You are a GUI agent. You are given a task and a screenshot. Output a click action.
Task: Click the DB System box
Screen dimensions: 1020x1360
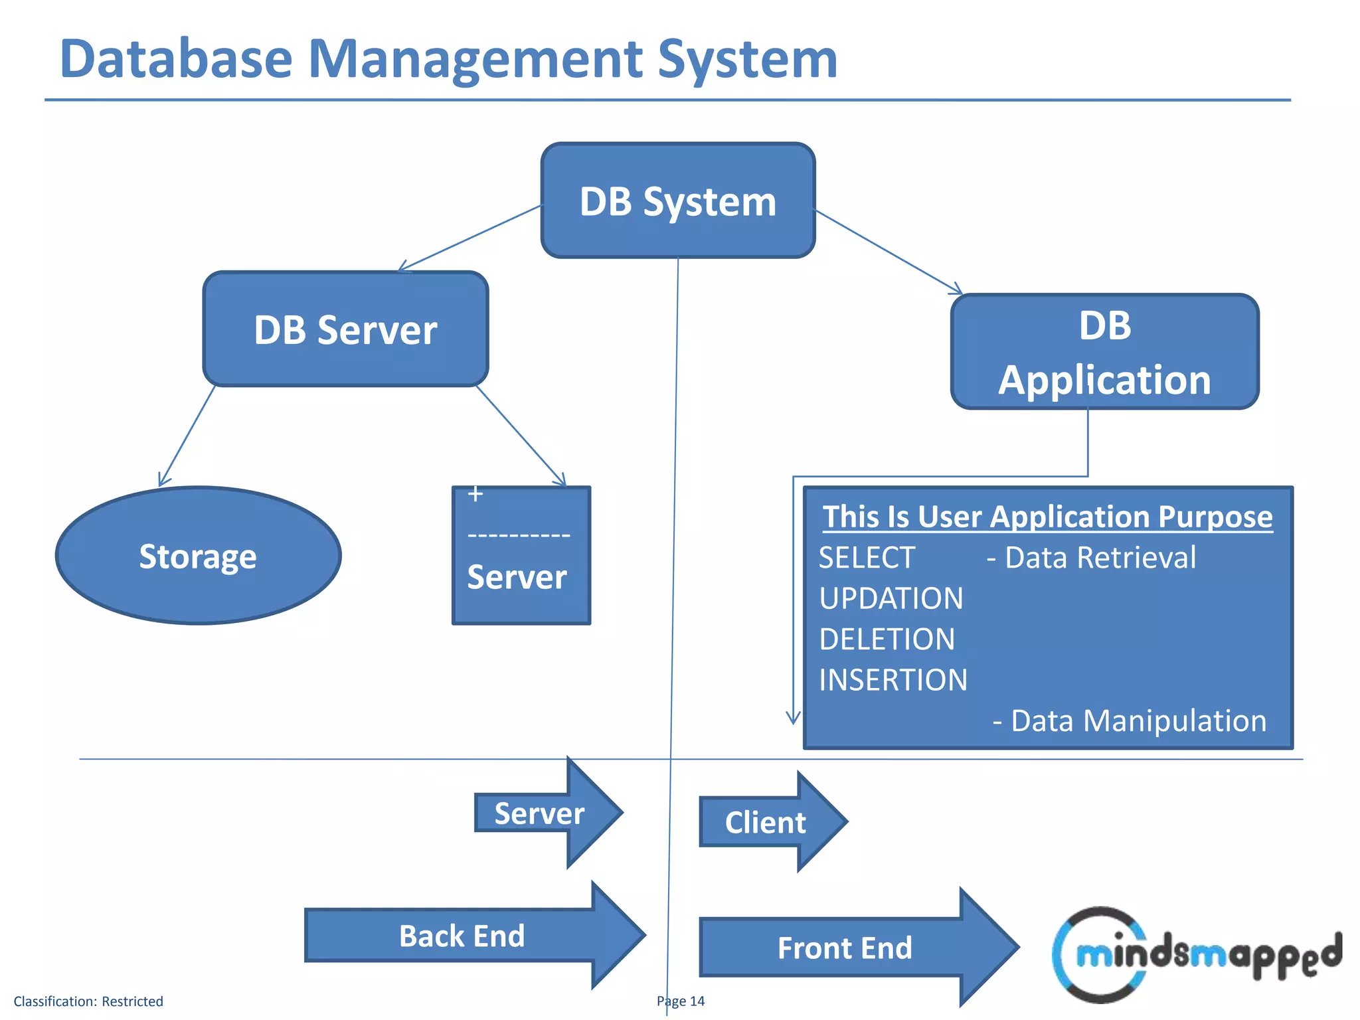(678, 201)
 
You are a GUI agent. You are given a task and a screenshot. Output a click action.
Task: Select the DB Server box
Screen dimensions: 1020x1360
(345, 329)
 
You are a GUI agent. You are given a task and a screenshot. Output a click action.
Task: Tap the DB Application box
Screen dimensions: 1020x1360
(1104, 352)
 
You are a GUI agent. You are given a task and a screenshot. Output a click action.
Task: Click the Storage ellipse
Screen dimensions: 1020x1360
(198, 556)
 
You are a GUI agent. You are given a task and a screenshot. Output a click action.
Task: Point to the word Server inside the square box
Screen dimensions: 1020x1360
(517, 577)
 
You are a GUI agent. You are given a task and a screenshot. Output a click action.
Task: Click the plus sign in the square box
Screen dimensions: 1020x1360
(475, 494)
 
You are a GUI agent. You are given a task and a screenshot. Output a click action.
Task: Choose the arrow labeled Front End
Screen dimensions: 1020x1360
(845, 948)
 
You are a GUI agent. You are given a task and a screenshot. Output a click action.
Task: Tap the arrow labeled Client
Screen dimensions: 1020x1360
(765, 823)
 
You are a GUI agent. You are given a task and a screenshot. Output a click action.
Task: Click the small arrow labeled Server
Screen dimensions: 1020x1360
(539, 813)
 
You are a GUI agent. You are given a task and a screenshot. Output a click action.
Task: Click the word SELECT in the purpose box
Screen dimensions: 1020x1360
(867, 558)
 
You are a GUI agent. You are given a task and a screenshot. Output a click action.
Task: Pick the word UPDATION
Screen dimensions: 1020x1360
(891, 598)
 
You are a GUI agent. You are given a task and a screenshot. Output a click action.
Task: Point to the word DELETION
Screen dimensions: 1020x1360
(887, 639)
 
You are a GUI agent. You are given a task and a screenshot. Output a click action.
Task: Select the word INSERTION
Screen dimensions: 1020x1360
(893, 680)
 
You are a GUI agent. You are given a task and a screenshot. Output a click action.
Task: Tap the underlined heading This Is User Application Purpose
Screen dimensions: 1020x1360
(1047, 517)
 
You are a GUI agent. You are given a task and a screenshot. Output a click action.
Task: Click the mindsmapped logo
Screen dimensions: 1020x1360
(1195, 955)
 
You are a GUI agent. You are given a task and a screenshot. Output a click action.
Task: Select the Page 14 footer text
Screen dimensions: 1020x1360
(681, 1001)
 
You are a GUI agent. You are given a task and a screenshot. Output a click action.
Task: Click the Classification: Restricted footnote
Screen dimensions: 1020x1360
(88, 1001)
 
